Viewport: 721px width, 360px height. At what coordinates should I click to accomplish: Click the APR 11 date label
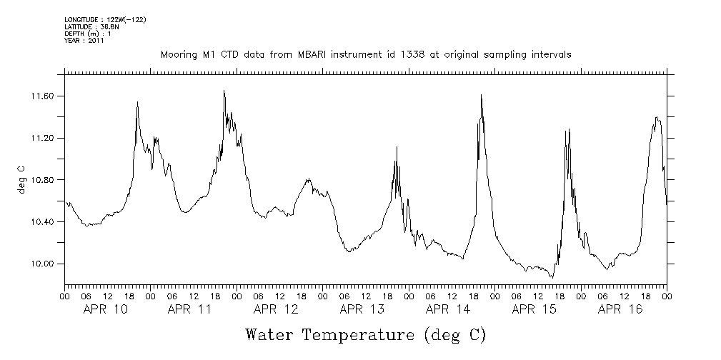pyautogui.click(x=190, y=309)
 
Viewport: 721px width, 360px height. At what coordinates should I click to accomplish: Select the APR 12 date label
pyautogui.click(x=276, y=309)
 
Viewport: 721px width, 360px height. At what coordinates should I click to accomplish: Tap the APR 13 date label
pyautogui.click(x=362, y=309)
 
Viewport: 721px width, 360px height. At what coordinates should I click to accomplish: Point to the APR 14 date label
pyautogui.click(x=447, y=309)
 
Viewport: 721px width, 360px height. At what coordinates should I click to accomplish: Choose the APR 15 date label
pyautogui.click(x=534, y=309)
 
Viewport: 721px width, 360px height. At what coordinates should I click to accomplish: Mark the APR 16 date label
pyautogui.click(x=620, y=309)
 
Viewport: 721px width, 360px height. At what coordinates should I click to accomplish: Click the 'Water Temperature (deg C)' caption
pyautogui.click(x=365, y=335)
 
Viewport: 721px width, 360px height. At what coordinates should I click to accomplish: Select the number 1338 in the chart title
pyautogui.click(x=415, y=55)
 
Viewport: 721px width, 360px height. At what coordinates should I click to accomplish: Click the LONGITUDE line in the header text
pyautogui.click(x=105, y=19)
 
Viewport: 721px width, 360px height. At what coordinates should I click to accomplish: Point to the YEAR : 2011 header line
pyautogui.click(x=84, y=41)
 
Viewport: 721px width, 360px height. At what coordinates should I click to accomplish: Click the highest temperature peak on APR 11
pyautogui.click(x=224, y=91)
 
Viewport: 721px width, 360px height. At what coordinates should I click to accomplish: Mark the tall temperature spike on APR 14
pyautogui.click(x=481, y=96)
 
